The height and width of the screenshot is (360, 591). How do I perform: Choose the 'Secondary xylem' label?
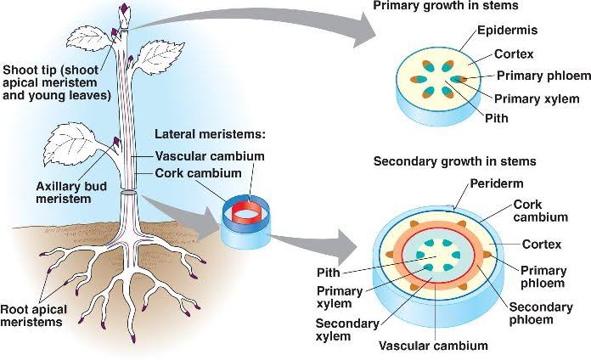tap(346, 330)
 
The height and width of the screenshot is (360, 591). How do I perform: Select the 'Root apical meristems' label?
tap(34, 316)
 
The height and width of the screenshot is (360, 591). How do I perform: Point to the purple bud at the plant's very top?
tap(127, 9)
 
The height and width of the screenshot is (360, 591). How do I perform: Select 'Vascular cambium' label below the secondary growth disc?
tap(433, 346)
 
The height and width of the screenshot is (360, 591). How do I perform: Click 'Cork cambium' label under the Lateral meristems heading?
tap(197, 173)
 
